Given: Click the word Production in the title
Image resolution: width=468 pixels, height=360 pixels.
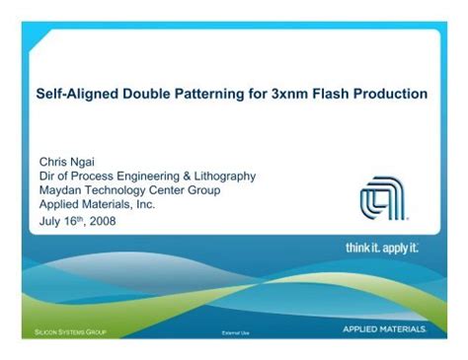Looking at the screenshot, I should click(x=394, y=95).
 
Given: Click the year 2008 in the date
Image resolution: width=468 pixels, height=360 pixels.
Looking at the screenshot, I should click(x=102, y=220).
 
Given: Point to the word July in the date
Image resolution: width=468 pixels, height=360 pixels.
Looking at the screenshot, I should click(x=49, y=220).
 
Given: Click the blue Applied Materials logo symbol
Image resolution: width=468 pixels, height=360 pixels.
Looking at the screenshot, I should click(x=381, y=198).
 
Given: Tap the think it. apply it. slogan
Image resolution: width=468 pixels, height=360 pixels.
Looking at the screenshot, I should click(x=382, y=248).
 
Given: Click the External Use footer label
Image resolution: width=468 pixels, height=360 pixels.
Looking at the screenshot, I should click(x=237, y=333).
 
